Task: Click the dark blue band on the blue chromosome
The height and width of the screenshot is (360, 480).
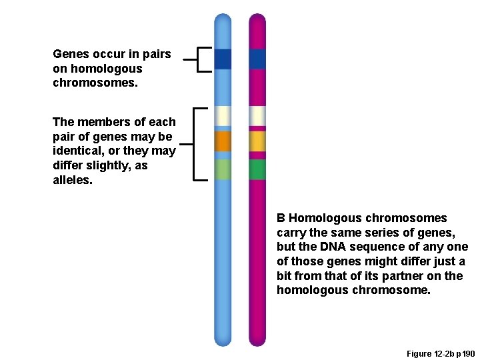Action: click(x=223, y=59)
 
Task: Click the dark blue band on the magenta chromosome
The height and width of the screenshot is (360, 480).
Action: click(x=257, y=59)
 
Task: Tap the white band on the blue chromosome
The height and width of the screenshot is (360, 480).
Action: click(x=223, y=116)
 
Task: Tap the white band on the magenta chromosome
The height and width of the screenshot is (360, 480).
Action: click(x=257, y=116)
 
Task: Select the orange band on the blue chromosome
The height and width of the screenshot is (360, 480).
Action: click(x=223, y=141)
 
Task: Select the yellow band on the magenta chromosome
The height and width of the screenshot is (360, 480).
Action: click(x=257, y=141)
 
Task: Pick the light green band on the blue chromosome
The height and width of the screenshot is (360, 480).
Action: click(x=223, y=169)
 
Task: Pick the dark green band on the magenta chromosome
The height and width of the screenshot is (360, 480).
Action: click(x=257, y=169)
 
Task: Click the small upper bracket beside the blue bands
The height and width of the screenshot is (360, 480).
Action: click(x=200, y=59)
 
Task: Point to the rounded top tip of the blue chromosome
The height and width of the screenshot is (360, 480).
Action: click(x=223, y=18)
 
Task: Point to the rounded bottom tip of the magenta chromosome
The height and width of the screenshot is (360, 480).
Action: click(x=257, y=342)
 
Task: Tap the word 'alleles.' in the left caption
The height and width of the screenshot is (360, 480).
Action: click(x=73, y=180)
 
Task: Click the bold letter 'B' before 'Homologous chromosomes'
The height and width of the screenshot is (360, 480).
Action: click(x=281, y=218)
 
